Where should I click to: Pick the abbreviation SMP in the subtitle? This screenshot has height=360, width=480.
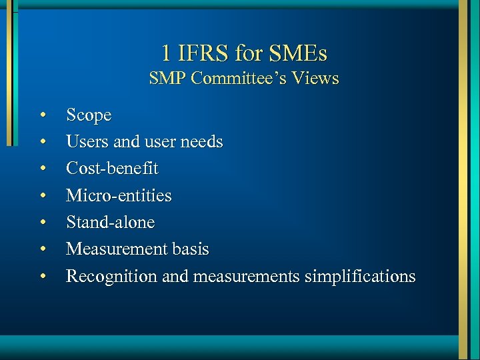[167, 79]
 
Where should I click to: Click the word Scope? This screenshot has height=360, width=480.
[89, 115]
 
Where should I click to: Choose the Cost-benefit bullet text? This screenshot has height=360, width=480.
[112, 169]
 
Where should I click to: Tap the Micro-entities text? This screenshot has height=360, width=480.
[119, 196]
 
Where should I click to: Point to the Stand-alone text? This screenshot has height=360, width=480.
[110, 223]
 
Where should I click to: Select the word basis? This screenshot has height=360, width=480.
[189, 249]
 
